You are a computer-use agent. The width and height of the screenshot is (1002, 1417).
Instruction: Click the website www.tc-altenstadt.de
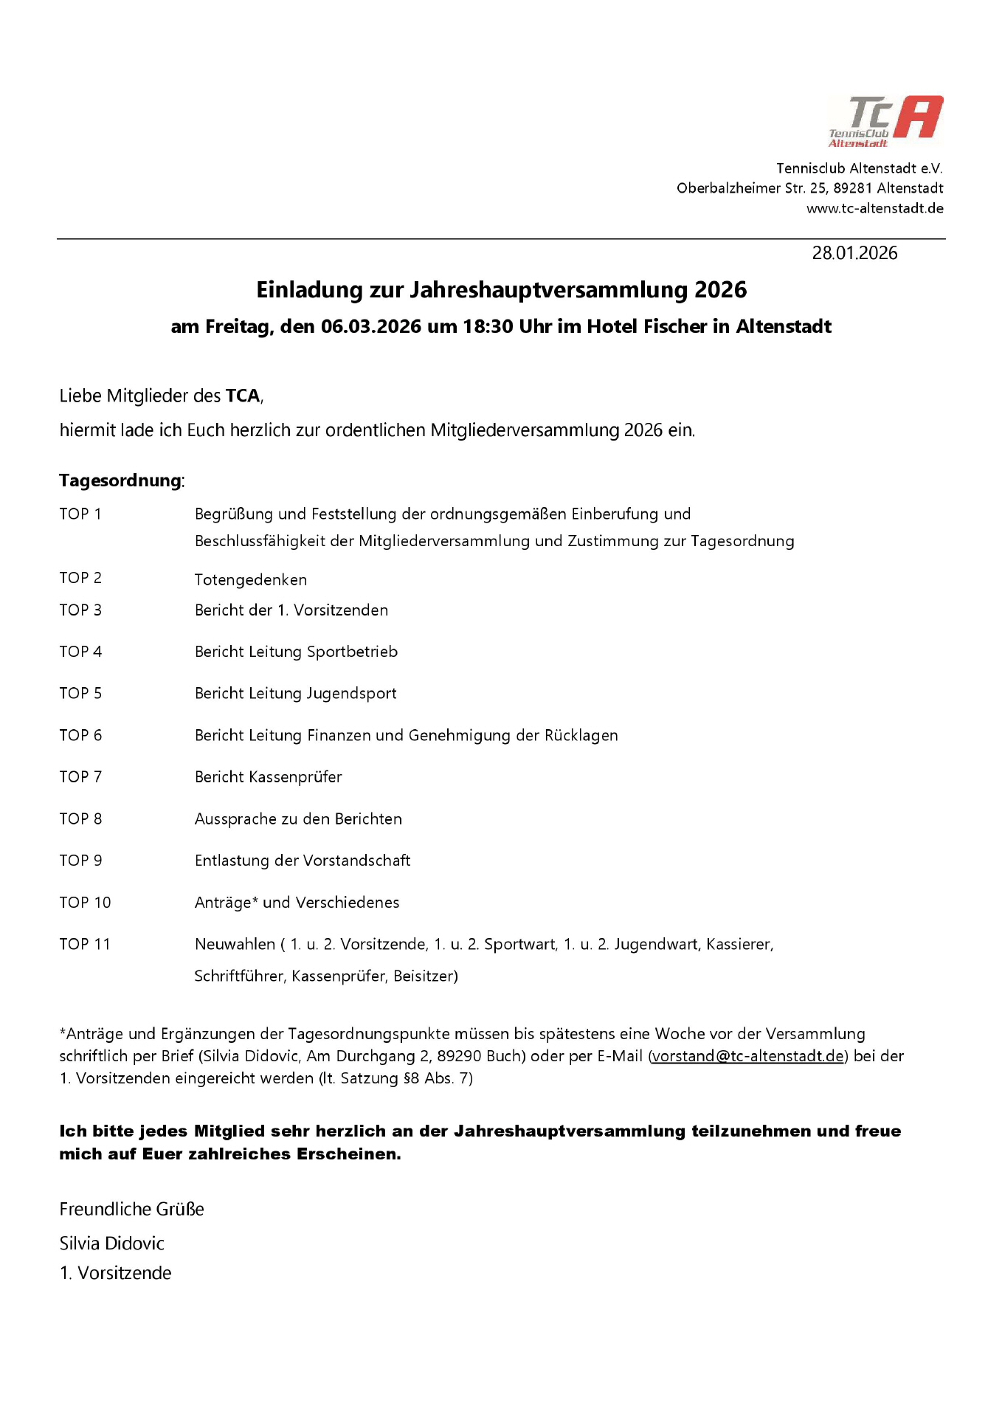[x=874, y=208]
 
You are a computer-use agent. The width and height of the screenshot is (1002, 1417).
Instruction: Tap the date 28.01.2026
[x=854, y=253]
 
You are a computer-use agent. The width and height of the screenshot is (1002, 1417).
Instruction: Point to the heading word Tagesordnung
[x=120, y=480]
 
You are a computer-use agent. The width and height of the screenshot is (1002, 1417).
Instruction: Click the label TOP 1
[x=80, y=514]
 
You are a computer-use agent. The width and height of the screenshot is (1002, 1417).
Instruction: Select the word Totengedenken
[x=251, y=579]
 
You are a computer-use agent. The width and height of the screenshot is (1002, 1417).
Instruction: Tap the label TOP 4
[x=80, y=652]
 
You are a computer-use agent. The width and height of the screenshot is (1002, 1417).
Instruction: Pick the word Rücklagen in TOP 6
[x=581, y=735]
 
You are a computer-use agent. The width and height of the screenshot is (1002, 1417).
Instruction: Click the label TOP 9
[x=80, y=861]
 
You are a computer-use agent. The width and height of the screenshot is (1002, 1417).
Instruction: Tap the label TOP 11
[x=85, y=944]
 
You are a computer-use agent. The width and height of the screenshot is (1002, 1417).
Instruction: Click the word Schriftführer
[x=239, y=976]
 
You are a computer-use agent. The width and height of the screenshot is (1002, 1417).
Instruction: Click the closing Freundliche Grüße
[x=131, y=1209]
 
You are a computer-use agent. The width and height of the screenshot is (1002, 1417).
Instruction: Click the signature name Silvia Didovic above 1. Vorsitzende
[x=111, y=1243]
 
